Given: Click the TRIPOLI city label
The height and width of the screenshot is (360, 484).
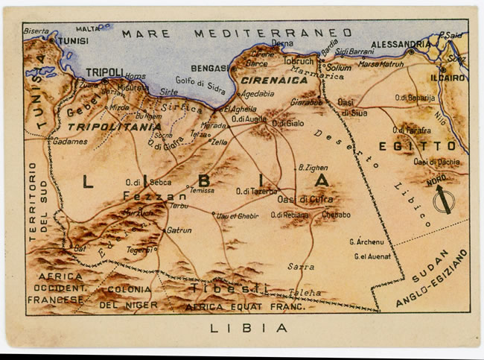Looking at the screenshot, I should (104, 72).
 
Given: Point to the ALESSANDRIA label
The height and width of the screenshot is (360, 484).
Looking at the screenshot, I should (401, 44).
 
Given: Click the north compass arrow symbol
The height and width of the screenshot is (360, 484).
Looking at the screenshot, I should (444, 200).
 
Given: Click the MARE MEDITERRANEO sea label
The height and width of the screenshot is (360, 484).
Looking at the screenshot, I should (237, 33).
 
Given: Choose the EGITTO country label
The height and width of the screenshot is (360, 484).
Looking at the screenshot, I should (427, 146).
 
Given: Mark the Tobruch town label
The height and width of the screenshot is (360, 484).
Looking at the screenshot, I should (299, 61).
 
